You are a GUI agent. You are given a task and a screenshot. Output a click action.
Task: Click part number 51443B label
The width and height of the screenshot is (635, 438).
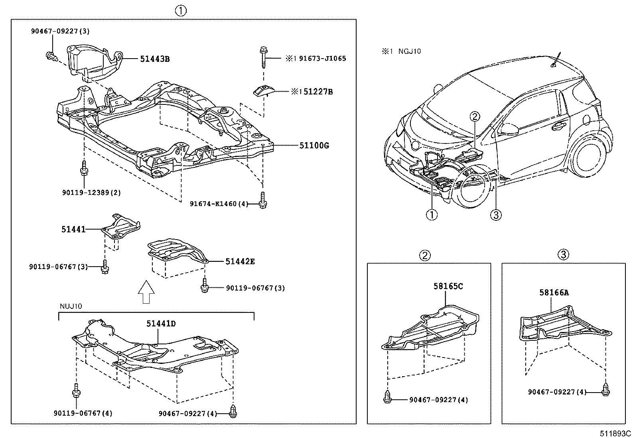(x=154, y=59)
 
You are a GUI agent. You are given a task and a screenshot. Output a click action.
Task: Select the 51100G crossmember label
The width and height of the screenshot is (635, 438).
(x=314, y=145)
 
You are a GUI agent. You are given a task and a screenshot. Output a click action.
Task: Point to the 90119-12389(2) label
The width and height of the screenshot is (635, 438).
(x=91, y=192)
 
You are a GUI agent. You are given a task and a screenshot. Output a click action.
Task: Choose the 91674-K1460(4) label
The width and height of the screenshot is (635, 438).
(x=219, y=204)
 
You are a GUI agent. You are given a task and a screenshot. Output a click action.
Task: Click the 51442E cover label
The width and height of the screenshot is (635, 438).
(x=240, y=261)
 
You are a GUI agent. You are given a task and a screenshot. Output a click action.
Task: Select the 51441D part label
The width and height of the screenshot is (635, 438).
(x=161, y=323)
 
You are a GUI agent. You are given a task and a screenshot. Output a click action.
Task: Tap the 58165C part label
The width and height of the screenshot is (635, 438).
(x=448, y=286)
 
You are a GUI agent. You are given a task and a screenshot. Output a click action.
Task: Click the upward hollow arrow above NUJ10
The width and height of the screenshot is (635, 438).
(x=146, y=292)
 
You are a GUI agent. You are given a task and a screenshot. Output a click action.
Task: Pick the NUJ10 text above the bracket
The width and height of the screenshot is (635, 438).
(x=71, y=306)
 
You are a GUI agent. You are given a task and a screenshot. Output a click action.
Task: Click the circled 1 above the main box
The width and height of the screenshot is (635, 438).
(x=181, y=11)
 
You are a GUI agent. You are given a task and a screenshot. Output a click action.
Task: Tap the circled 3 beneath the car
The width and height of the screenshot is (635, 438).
(x=495, y=215)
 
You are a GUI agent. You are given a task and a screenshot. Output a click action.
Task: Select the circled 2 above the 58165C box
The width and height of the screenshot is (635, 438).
(x=425, y=255)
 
